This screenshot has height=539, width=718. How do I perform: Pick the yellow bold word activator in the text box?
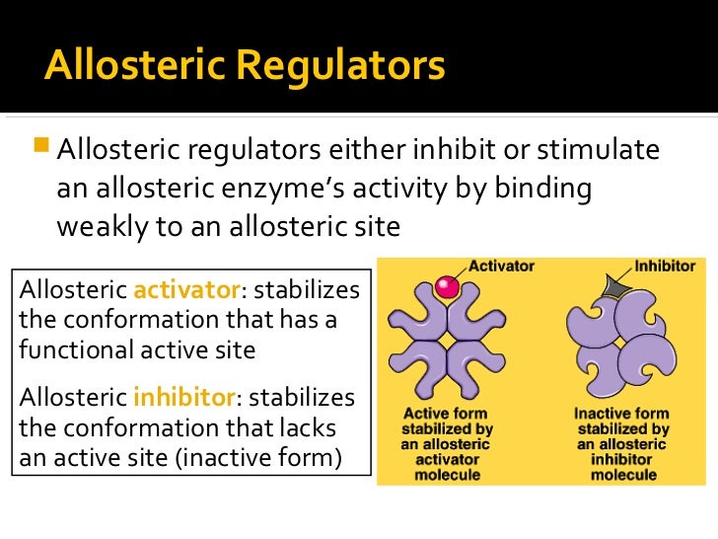(186, 290)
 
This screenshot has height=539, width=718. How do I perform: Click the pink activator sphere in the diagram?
(448, 288)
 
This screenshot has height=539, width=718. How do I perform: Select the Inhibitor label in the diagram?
(664, 266)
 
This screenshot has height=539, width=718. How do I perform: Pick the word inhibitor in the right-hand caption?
(622, 460)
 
